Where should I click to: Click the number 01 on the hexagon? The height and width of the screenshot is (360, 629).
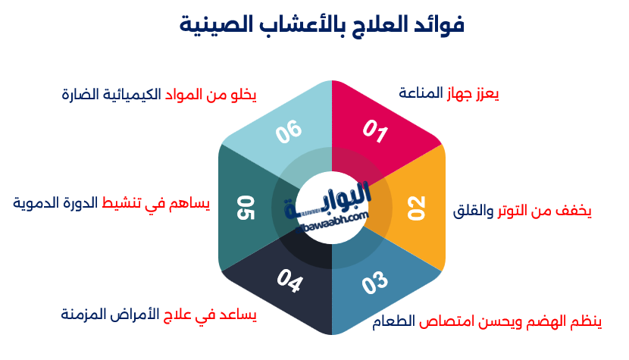click(x=374, y=131)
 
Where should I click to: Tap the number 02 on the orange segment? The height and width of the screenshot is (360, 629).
click(x=417, y=208)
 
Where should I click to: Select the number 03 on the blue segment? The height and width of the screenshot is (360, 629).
click(x=374, y=283)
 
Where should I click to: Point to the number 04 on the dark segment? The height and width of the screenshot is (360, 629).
click(x=289, y=283)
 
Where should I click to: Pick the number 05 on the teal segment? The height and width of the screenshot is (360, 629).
click(x=246, y=207)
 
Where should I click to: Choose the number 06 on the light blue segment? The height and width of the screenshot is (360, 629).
click(x=289, y=131)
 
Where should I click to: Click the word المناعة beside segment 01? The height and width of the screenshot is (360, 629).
click(x=421, y=93)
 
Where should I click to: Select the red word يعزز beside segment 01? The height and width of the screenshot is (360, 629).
click(x=487, y=93)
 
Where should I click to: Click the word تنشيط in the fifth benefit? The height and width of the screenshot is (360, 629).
click(x=126, y=203)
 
